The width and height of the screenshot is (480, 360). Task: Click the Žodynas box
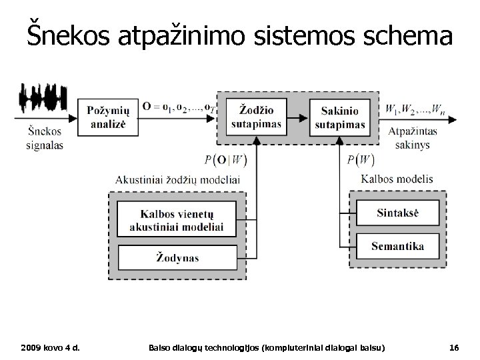(177, 256)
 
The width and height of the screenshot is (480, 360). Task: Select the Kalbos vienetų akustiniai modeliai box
(177, 219)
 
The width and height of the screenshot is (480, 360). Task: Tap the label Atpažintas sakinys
(413, 139)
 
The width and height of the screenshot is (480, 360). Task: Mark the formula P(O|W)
(225, 159)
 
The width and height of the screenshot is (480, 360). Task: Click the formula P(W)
(361, 159)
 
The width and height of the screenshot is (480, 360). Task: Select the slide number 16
(454, 349)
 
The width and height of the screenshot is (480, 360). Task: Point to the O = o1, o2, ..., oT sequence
(178, 107)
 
